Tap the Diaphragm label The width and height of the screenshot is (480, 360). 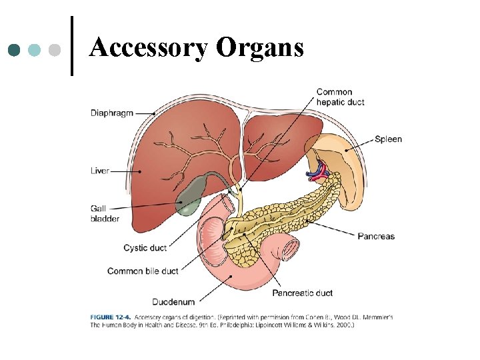(113, 113)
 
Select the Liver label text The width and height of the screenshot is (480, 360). (100, 171)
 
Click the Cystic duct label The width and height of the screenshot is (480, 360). (145, 248)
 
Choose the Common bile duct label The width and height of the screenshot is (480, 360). (143, 271)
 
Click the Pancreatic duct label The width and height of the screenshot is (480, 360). (302, 293)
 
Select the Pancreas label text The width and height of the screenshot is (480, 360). (376, 236)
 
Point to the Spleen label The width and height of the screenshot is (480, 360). (388, 139)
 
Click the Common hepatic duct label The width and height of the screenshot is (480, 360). (340, 97)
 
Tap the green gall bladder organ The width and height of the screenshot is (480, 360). (189, 197)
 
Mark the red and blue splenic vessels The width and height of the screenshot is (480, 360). (317, 173)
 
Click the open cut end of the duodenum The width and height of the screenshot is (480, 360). (291, 250)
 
